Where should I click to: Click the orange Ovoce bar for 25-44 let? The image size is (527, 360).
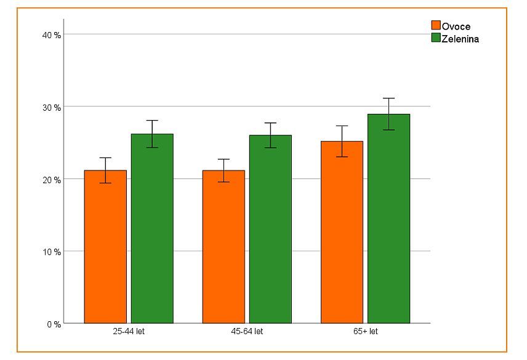[x=105, y=246]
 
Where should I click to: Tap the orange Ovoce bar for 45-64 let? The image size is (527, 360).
[x=223, y=246]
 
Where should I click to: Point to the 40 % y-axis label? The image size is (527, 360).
[x=51, y=35]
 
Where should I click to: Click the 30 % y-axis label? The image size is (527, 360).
[x=51, y=107]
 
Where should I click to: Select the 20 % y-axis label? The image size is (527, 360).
[x=51, y=180]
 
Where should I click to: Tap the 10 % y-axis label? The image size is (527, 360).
[x=51, y=252]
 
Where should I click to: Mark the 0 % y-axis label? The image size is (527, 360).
[x=54, y=324]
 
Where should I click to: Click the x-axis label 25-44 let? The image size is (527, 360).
[x=129, y=332]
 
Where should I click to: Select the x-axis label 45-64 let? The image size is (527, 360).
[x=247, y=332]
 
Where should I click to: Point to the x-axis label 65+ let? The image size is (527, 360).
[x=365, y=332]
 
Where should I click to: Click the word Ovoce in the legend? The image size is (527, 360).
[x=456, y=26]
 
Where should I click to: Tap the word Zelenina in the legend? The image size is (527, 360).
[x=461, y=39]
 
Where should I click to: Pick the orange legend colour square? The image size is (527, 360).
[x=436, y=26]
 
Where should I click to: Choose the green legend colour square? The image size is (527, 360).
[x=436, y=38]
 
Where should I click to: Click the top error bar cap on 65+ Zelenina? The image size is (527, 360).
[x=388, y=98]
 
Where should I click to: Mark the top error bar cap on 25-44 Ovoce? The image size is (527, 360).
[x=105, y=158]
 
